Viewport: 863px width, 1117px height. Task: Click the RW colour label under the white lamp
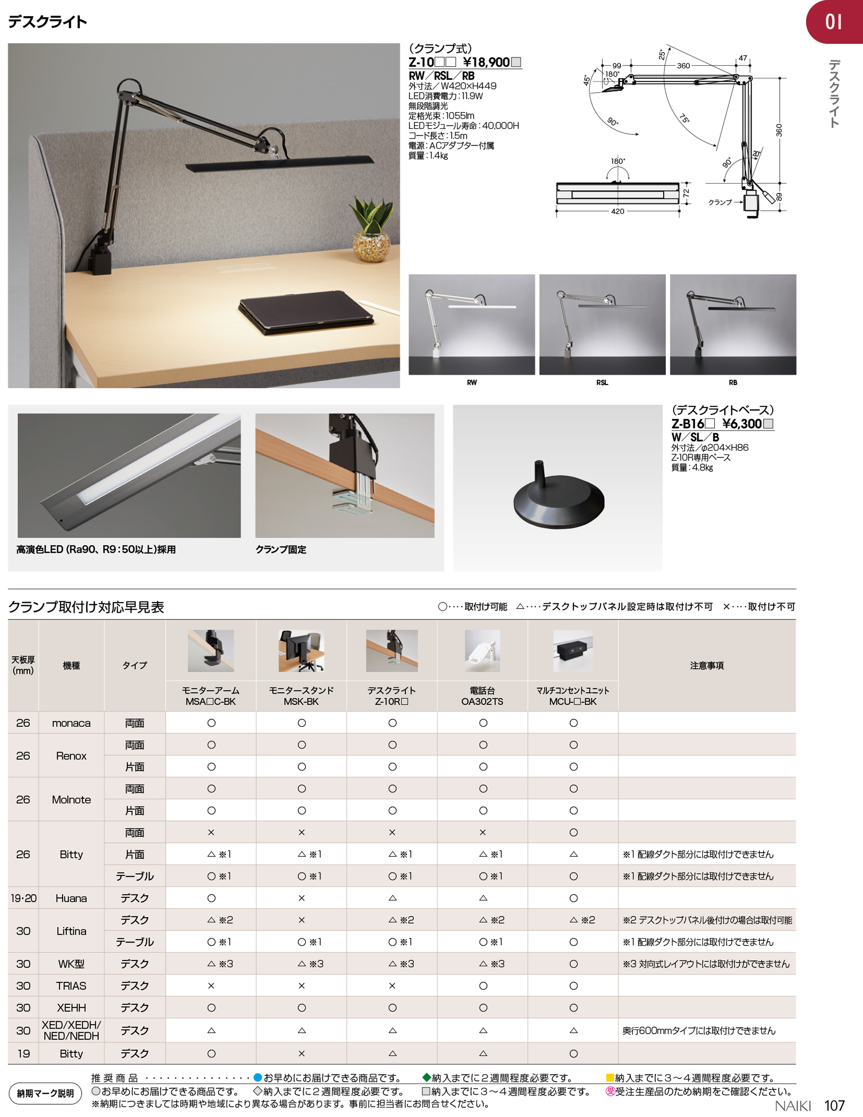[x=471, y=382]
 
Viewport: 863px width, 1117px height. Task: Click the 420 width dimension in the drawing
[x=617, y=211]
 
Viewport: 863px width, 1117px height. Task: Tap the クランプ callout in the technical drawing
[x=720, y=203]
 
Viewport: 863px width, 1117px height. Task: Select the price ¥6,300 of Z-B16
[x=742, y=424]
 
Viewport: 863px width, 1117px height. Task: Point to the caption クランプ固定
[x=281, y=550]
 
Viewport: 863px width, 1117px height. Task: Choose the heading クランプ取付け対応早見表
[x=86, y=607]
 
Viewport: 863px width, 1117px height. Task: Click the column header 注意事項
[x=707, y=665]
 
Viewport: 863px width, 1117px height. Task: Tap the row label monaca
[x=71, y=723]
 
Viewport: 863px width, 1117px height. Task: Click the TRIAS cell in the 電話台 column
[x=482, y=986]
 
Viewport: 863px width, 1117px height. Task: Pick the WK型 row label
[x=71, y=964]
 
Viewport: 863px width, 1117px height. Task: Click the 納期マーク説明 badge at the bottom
[x=45, y=1093]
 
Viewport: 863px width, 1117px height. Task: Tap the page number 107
[x=834, y=1106]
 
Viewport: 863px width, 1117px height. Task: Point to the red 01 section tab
[x=834, y=22]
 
